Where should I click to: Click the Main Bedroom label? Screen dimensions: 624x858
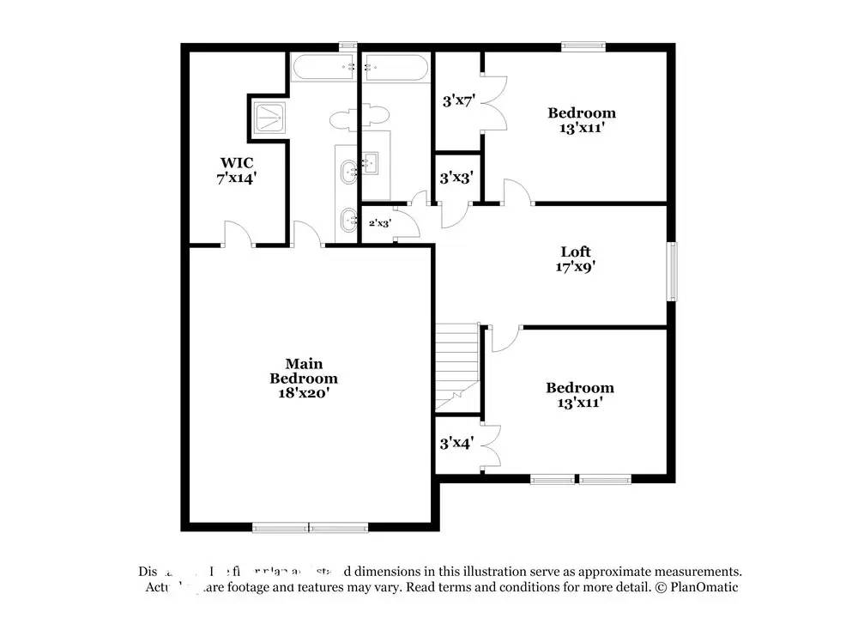tap(304, 370)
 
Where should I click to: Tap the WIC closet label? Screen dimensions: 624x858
tap(237, 162)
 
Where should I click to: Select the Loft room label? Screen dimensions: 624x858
tap(576, 251)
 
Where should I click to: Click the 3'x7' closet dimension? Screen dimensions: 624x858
tap(458, 100)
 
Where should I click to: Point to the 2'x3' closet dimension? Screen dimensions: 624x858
tap(380, 223)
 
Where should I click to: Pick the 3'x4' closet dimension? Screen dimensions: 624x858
tap(456, 444)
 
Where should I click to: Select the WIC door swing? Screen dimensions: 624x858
tap(237, 233)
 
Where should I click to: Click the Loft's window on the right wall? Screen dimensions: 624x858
tap(674, 271)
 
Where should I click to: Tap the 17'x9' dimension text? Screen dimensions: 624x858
tap(576, 266)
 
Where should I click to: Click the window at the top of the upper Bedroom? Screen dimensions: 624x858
tap(583, 46)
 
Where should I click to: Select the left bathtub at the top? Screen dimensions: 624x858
tap(323, 67)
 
